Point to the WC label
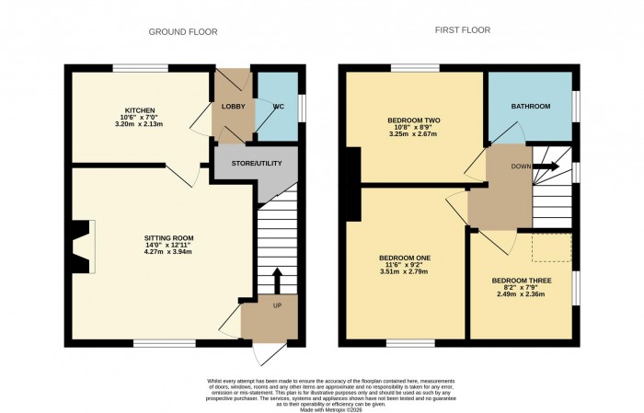click(x=278, y=108)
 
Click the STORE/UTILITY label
click(x=255, y=164)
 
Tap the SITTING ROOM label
click(x=168, y=237)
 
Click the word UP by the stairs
click(x=277, y=304)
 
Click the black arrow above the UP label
click(x=277, y=279)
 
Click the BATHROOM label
click(x=532, y=108)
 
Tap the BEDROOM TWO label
click(x=413, y=120)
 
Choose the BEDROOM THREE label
click(x=521, y=279)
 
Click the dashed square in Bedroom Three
click(x=553, y=247)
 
